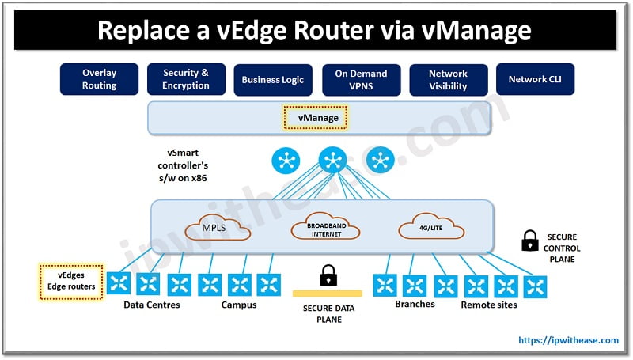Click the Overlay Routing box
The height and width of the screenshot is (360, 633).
(99, 79)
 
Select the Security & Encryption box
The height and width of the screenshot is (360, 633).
(186, 79)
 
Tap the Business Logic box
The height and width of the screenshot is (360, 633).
(273, 79)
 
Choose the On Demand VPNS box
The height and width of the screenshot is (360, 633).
(361, 79)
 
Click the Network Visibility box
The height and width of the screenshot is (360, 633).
(448, 79)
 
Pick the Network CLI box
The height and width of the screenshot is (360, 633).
(535, 79)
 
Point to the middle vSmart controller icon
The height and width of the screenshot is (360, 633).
(332, 161)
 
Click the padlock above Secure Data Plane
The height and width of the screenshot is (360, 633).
(326, 276)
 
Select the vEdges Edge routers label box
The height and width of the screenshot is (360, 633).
(72, 282)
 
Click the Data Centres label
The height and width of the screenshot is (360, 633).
(152, 305)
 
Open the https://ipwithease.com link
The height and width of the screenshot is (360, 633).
(568, 340)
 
